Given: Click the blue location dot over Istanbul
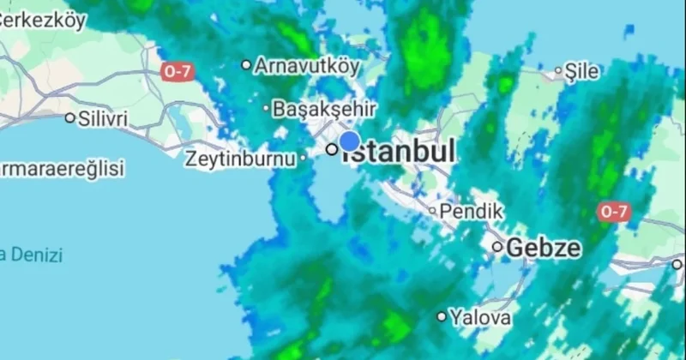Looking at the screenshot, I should click(x=349, y=141).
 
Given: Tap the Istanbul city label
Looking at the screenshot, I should click(x=401, y=153).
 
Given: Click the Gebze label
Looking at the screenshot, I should click(x=544, y=248).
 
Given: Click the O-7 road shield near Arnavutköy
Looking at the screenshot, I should click(x=176, y=72).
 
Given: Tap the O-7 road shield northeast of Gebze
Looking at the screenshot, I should click(x=613, y=211).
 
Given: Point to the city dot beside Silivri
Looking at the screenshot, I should click(x=70, y=118).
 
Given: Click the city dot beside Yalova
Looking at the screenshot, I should click(x=442, y=316).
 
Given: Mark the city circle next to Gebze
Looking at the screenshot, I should click(x=497, y=247).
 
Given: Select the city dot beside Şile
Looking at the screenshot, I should click(x=557, y=72).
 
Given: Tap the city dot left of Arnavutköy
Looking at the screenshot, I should click(x=246, y=64).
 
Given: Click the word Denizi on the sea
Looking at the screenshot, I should click(x=38, y=255).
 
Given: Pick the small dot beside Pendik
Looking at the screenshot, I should click(x=432, y=209).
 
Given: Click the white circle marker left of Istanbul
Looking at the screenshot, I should click(x=331, y=149).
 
